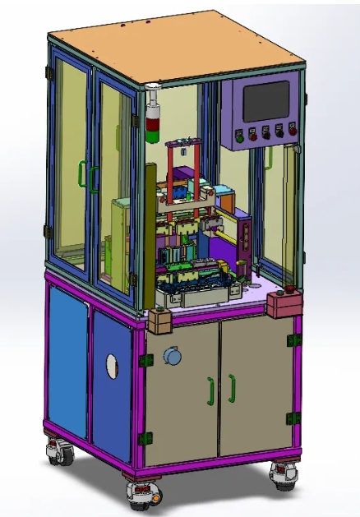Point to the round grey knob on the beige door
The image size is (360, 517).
[173, 357]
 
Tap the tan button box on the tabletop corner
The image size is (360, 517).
[159, 321]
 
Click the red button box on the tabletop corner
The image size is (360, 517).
[282, 303]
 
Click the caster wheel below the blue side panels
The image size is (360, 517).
[60, 453]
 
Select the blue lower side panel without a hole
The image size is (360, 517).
[67, 362]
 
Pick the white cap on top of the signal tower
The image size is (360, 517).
[152, 87]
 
